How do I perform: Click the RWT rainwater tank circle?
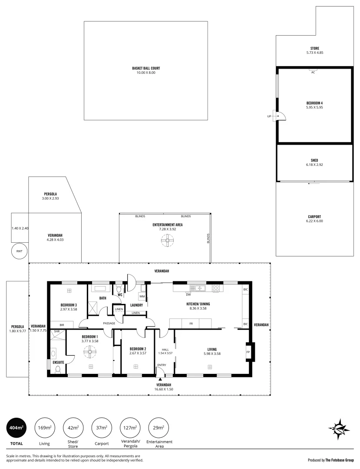click(20, 251)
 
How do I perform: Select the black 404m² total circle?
click(16, 428)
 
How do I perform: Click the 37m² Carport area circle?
click(101, 428)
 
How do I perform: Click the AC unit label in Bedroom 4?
click(313, 72)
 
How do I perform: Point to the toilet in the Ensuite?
click(58, 370)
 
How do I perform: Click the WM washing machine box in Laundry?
click(142, 296)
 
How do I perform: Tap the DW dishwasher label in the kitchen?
click(188, 294)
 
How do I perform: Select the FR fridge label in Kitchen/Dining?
click(191, 324)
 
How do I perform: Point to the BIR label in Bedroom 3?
click(62, 324)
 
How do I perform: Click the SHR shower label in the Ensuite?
click(56, 332)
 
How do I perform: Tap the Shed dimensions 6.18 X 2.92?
click(314, 165)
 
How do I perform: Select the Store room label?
click(314, 48)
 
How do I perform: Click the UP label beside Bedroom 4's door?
click(269, 116)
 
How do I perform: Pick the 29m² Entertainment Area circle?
click(159, 428)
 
